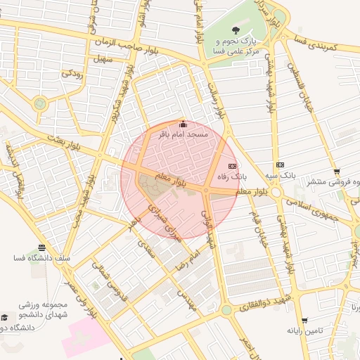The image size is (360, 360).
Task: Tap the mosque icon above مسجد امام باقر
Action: (184, 124)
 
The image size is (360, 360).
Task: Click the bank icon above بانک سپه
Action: (281, 164)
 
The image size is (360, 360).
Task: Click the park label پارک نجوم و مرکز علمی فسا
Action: (237, 46)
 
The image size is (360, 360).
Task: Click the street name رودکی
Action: (72, 72)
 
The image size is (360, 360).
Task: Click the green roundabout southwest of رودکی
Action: (40, 103)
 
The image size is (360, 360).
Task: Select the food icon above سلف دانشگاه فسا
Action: (41, 247)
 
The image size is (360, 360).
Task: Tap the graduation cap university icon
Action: (6, 318)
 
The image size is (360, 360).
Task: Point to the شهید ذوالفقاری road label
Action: (260, 298)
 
